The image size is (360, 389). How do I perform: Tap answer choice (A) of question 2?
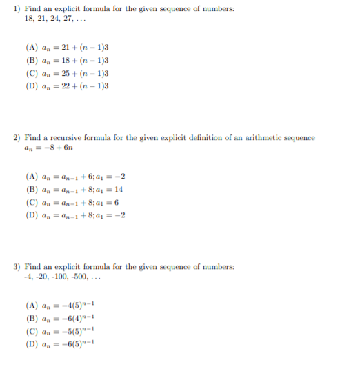point(75,176)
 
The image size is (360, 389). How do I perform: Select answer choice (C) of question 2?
point(74,202)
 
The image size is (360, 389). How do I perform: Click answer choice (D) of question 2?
point(75,215)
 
